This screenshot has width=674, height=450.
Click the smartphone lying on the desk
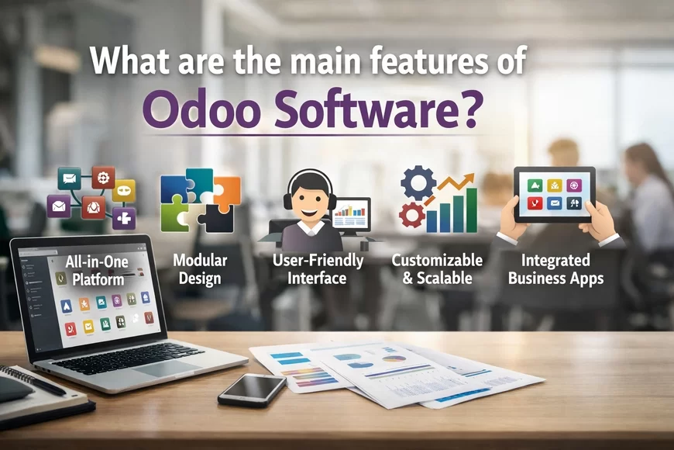(x=252, y=389)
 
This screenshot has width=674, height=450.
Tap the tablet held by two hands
(x=554, y=194)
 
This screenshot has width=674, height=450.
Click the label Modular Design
(x=200, y=269)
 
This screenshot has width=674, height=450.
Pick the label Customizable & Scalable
(x=437, y=268)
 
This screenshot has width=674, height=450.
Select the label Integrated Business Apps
(x=556, y=268)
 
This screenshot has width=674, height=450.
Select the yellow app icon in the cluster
(x=124, y=191)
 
